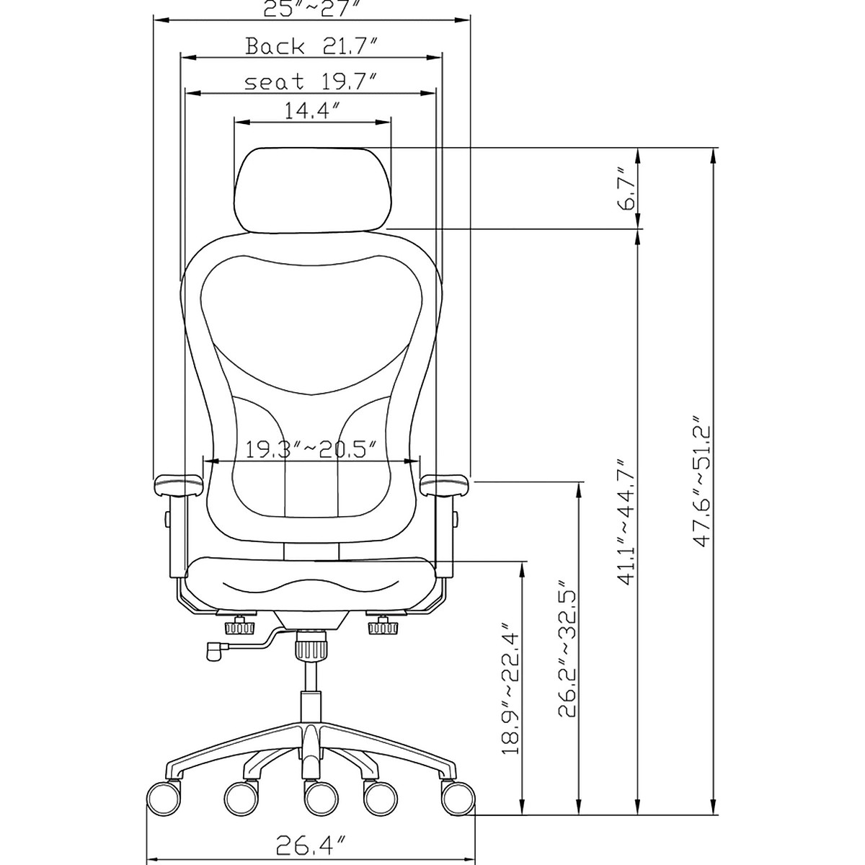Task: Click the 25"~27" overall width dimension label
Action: coord(311,9)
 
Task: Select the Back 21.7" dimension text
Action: coord(311,48)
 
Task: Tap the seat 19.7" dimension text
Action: coord(311,82)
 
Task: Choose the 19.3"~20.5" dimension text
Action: coord(311,451)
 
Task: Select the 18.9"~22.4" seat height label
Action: coord(511,690)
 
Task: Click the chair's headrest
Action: coord(311,189)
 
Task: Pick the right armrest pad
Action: coord(444,484)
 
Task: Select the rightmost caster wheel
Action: coord(457,799)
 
